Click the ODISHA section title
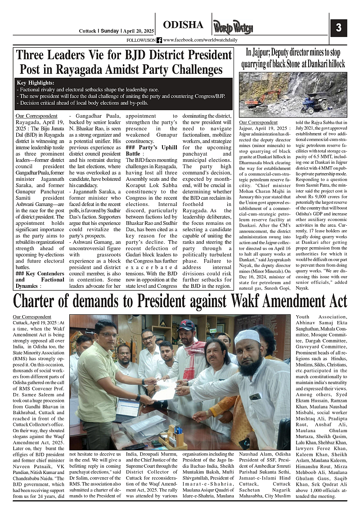(x=183, y=25)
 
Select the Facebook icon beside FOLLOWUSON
(x=159, y=40)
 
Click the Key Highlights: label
(x=35, y=83)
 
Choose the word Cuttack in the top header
(x=87, y=31)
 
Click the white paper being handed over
(x=166, y=388)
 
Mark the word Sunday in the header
(x=109, y=31)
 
